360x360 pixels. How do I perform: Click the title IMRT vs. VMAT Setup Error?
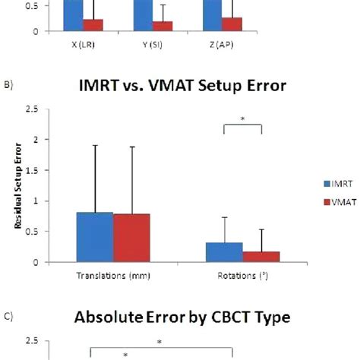point(183,86)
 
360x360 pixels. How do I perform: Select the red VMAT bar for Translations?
point(131,238)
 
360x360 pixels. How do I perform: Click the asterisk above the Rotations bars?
point(243,119)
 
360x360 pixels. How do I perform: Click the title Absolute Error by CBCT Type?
point(183,319)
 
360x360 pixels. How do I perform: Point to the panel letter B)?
point(8,86)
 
